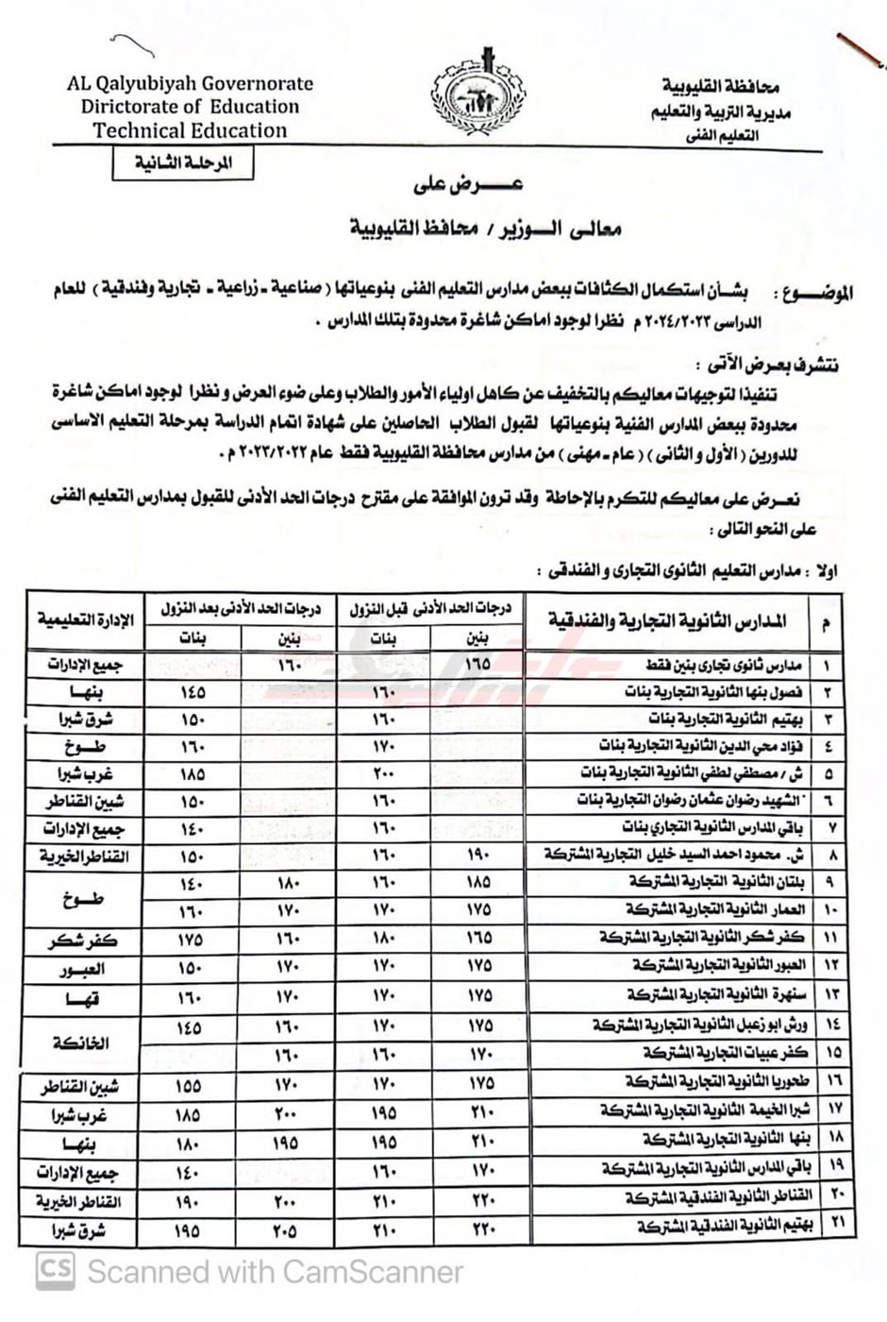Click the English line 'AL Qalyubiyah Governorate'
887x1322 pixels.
pos(190,83)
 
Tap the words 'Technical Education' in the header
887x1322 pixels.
pos(190,131)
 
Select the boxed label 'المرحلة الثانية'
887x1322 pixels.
pos(172,162)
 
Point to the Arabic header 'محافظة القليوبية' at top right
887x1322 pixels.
pos(720,88)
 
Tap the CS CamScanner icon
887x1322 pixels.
pos(56,1270)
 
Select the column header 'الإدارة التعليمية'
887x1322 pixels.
pos(86,619)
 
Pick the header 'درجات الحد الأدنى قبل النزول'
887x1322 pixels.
pos(429,609)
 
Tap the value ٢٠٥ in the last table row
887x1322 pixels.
pos(286,1229)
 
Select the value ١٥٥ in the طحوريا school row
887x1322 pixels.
pos(189,1087)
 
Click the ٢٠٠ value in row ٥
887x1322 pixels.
pos(382,774)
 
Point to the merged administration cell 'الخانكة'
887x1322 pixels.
pos(82,1043)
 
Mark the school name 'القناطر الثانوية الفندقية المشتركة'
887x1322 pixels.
pos(705,1198)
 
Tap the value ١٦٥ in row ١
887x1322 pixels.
pos(478,664)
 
